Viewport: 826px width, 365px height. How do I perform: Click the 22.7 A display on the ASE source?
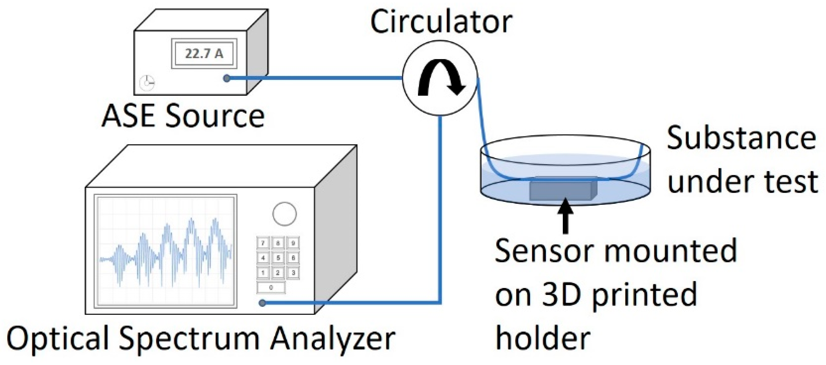pos(204,53)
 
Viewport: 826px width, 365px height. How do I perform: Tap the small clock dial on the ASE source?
pos(147,83)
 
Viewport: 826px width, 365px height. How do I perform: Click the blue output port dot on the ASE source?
pos(227,78)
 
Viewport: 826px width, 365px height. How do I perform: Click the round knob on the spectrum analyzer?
pos(284,214)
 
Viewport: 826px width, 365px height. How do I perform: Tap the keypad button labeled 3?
pos(293,273)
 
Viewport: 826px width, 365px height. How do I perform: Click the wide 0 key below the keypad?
pos(271,287)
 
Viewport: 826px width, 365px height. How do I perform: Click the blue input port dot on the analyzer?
pos(262,302)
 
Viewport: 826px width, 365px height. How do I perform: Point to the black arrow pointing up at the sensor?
pos(565,215)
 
